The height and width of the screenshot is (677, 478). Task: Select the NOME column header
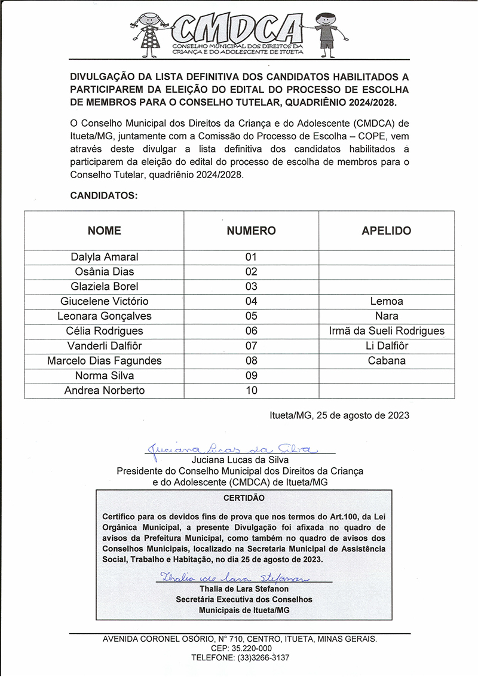click(x=105, y=231)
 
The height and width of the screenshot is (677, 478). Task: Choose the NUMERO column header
click(x=251, y=231)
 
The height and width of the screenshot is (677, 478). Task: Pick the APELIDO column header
click(x=387, y=231)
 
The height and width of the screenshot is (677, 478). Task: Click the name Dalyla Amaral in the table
click(x=105, y=257)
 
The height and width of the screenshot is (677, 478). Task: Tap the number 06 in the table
click(x=251, y=331)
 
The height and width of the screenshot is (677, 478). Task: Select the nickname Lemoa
click(x=387, y=302)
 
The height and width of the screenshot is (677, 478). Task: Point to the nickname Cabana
click(x=387, y=361)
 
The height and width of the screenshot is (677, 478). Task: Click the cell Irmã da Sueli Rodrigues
click(x=387, y=331)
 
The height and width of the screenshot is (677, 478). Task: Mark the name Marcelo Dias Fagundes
click(x=105, y=361)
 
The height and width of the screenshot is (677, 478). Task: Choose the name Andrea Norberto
click(x=105, y=391)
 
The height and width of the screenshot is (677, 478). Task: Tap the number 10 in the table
click(x=251, y=391)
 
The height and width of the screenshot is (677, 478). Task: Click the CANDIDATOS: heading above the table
click(x=104, y=195)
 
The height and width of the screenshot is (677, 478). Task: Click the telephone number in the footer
click(x=240, y=658)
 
